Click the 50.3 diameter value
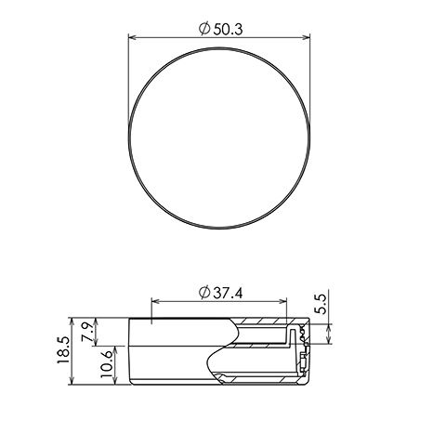click(228, 30)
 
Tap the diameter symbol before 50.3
click(204, 29)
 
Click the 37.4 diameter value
click(228, 293)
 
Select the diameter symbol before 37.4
click(204, 293)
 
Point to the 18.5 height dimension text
click(64, 350)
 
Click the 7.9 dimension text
click(87, 332)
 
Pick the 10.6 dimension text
click(107, 364)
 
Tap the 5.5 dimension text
click(321, 304)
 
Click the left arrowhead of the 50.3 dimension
click(133, 37)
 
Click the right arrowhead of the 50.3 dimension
click(306, 37)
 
